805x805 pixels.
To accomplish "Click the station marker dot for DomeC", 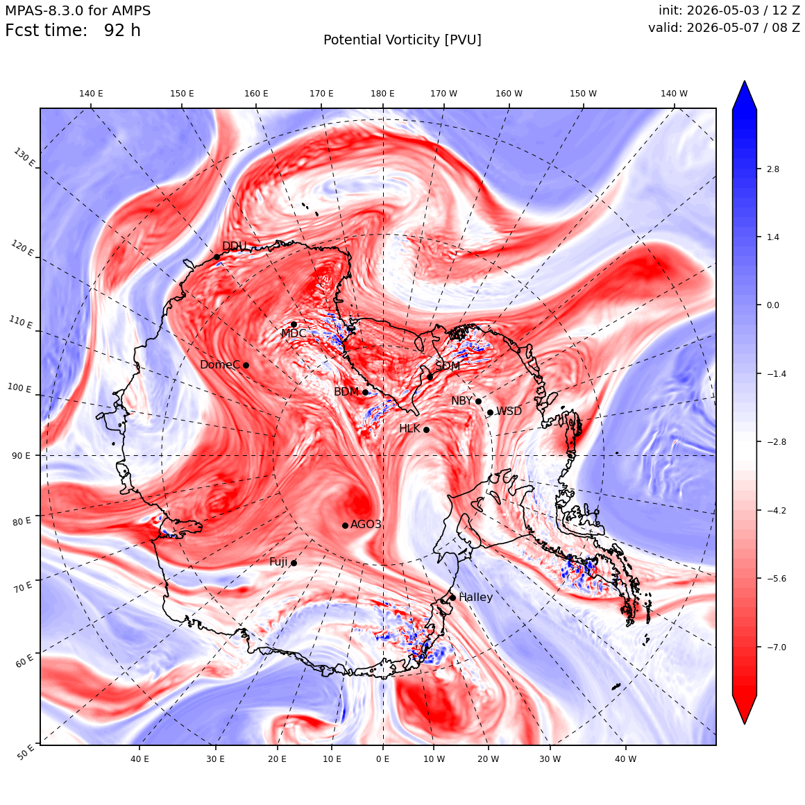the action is tap(246, 365).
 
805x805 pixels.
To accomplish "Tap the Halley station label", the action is tap(475, 597).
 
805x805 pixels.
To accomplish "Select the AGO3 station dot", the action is tap(345, 525).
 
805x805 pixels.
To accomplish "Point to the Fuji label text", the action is tap(278, 562).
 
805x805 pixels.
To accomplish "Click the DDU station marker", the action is tap(217, 257).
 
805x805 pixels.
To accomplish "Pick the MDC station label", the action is tap(294, 333).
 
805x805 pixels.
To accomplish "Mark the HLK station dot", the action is tap(426, 430).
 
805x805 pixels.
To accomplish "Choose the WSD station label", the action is tap(509, 412).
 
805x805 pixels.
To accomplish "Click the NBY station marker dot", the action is tap(478, 402).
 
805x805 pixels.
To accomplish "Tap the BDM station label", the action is tap(346, 391).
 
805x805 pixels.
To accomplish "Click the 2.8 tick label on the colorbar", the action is tap(772, 169).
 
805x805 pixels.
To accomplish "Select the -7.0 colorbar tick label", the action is tap(777, 647).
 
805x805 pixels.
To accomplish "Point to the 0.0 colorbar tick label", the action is tap(772, 305).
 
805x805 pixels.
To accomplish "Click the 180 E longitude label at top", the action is tap(382, 94).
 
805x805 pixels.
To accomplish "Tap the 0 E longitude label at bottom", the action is tap(382, 759).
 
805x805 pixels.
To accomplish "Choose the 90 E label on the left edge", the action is tap(21, 456).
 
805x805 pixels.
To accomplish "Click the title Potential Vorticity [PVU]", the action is tap(402, 40).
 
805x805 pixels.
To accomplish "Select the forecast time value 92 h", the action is tap(122, 31).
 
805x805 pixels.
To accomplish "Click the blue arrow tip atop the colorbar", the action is tap(745, 81).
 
